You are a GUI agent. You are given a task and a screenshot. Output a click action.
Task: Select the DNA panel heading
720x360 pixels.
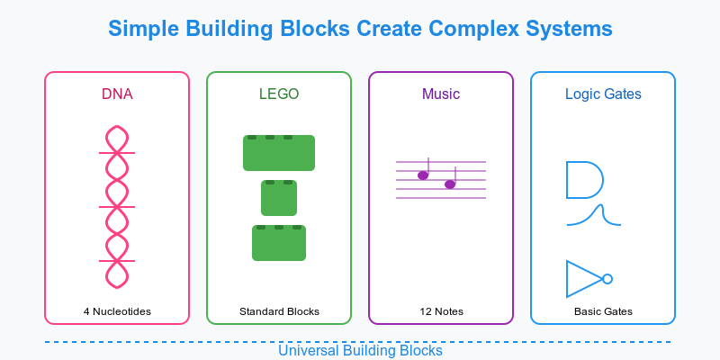[x=117, y=94]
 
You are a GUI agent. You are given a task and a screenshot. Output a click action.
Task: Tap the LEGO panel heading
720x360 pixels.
[x=279, y=94]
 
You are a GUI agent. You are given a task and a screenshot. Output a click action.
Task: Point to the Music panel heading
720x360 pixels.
[x=441, y=94]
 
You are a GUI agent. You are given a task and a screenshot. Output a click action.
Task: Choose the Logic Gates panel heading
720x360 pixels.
[x=603, y=94]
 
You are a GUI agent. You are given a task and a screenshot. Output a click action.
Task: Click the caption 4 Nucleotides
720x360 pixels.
[x=117, y=311]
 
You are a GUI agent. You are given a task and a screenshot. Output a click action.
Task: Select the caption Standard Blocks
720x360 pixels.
[x=279, y=311]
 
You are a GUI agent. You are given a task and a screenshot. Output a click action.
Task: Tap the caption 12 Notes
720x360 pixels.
[x=441, y=311]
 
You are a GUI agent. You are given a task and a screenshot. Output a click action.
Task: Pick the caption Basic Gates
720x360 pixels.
[x=603, y=311]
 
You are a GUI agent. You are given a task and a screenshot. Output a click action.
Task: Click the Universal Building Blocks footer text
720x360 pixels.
[x=360, y=351]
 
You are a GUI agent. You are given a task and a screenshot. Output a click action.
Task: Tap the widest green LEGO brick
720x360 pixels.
[x=279, y=153]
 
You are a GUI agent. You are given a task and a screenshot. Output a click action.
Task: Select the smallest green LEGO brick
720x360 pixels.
[x=279, y=198]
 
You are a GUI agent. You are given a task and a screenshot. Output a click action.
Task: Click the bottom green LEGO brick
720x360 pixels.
[x=279, y=243]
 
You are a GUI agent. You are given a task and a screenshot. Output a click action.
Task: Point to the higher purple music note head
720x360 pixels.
[x=423, y=175]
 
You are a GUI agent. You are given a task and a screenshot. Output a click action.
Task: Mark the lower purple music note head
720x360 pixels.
[x=450, y=184]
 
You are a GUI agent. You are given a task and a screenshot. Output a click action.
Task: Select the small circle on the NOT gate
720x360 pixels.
[x=607, y=279]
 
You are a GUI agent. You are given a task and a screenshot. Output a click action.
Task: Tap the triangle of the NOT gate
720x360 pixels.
[x=567, y=279]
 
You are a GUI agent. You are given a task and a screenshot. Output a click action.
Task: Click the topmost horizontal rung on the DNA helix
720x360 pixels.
[x=117, y=153]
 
